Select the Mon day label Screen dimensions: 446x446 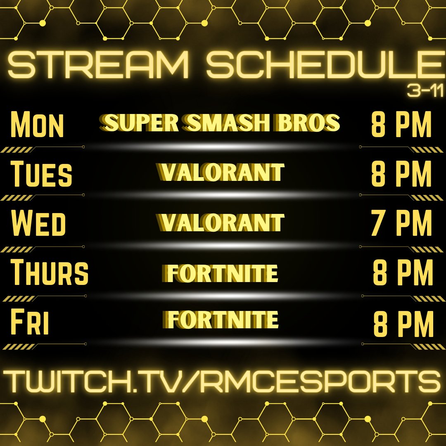(x=37, y=123)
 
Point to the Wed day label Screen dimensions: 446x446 (x=38, y=223)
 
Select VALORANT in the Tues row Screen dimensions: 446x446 (x=221, y=172)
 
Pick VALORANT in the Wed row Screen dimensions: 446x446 (x=221, y=222)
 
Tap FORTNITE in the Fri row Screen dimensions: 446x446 (x=222, y=320)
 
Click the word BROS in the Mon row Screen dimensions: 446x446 (x=314, y=123)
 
